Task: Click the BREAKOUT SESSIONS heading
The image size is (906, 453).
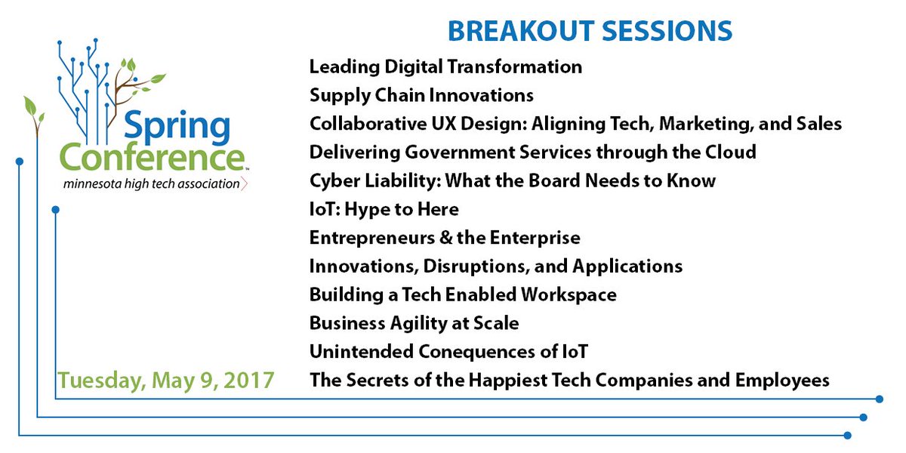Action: (x=590, y=31)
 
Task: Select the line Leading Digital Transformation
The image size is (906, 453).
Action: (x=445, y=66)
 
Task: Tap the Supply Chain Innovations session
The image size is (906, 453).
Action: (x=421, y=95)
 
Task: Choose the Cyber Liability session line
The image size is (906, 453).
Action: (x=513, y=180)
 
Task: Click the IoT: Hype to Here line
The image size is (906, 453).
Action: (x=384, y=209)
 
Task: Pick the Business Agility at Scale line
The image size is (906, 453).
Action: (x=414, y=323)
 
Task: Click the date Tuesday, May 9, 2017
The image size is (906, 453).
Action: (x=166, y=380)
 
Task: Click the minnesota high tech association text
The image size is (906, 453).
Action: (x=151, y=183)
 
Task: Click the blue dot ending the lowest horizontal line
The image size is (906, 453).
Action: (x=848, y=435)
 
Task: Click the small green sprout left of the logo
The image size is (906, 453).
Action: (x=33, y=113)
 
